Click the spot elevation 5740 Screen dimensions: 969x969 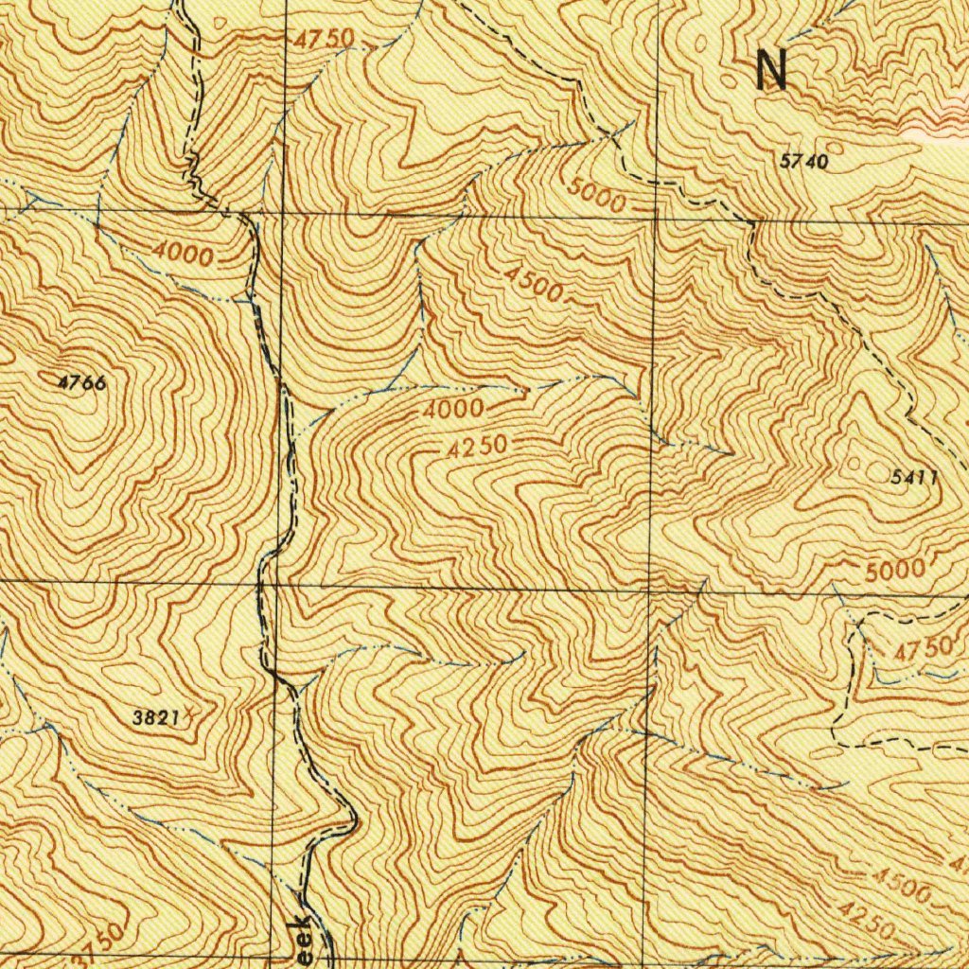tap(804, 162)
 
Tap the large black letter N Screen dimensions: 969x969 tap(772, 71)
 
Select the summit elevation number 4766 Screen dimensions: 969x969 tap(80, 382)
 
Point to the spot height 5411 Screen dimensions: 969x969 tap(914, 477)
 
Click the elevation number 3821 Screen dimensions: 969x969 tap(155, 717)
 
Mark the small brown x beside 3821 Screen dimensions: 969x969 tap(188, 711)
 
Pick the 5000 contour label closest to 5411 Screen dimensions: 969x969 tap(894, 571)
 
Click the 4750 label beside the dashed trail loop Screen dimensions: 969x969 tap(923, 651)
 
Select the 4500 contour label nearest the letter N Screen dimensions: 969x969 tap(534, 283)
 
